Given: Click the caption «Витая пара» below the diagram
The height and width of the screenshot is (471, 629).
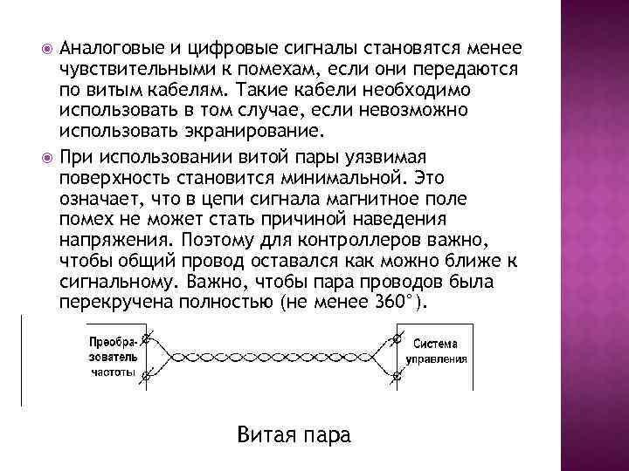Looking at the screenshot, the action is (293, 433).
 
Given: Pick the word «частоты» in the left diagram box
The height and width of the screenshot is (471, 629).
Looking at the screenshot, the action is (113, 372).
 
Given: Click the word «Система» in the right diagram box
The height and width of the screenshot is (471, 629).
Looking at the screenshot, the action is (435, 343).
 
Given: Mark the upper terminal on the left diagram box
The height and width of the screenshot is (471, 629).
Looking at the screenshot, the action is (146, 337).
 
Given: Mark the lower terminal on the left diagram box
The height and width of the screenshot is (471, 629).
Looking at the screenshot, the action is (146, 378).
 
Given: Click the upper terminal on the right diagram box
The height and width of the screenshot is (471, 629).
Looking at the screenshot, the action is (397, 337).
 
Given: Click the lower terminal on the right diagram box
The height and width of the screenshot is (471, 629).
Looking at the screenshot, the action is (397, 378).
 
